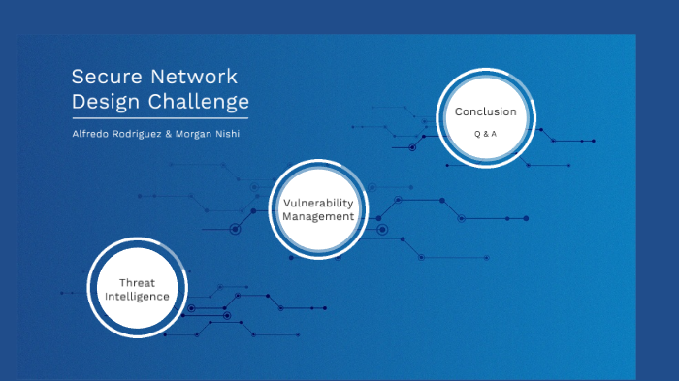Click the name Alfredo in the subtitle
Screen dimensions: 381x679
click(x=90, y=133)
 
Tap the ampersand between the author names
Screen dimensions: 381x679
click(x=169, y=133)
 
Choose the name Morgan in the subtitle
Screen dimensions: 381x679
click(x=191, y=133)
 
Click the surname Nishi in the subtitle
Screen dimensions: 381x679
click(x=226, y=133)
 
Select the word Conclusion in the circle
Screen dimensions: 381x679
click(x=485, y=111)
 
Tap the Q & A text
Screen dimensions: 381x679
click(x=485, y=133)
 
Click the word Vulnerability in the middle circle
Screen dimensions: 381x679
click(x=318, y=203)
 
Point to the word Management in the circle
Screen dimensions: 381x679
click(x=318, y=216)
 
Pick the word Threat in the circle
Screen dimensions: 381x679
click(x=137, y=282)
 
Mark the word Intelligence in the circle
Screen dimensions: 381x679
click(x=137, y=296)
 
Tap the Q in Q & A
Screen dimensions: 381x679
click(x=476, y=133)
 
